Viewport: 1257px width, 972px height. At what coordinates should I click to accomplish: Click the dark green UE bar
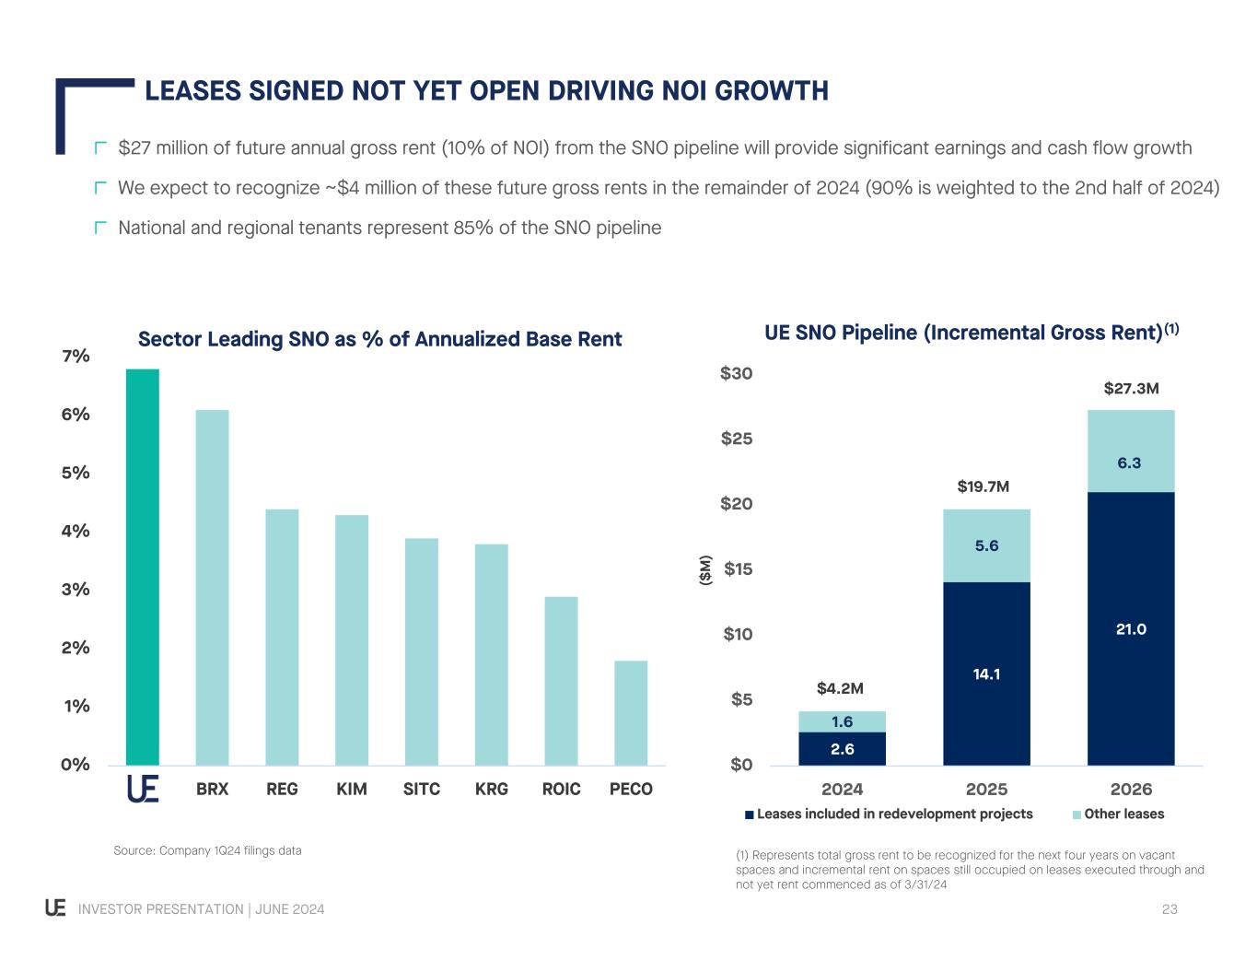coord(143,567)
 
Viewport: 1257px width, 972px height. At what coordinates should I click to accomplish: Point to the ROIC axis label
coord(561,790)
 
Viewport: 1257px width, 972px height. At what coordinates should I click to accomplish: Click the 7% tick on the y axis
coord(76,357)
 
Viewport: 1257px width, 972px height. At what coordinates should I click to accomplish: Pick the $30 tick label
coord(737,374)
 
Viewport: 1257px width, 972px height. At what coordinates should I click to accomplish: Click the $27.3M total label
coord(1131,389)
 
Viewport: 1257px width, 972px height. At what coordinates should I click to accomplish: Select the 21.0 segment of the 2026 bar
coord(1131,629)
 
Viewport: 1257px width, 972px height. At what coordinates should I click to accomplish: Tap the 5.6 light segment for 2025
coord(986,546)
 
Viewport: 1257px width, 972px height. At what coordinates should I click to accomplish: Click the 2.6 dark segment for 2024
coord(842,749)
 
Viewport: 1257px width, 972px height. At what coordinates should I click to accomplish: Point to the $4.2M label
coord(840,688)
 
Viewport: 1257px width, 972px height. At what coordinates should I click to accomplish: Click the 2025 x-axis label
coord(986,790)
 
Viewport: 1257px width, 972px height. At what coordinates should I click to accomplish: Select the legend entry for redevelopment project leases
coord(889,814)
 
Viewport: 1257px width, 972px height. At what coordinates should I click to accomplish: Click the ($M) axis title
coord(706,569)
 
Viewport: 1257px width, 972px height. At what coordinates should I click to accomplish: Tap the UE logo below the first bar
coord(143,790)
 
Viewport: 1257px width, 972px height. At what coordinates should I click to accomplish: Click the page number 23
coord(1170,910)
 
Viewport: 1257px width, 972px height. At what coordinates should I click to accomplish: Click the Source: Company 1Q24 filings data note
coord(207,850)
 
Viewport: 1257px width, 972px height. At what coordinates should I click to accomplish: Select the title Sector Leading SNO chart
coord(379,340)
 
